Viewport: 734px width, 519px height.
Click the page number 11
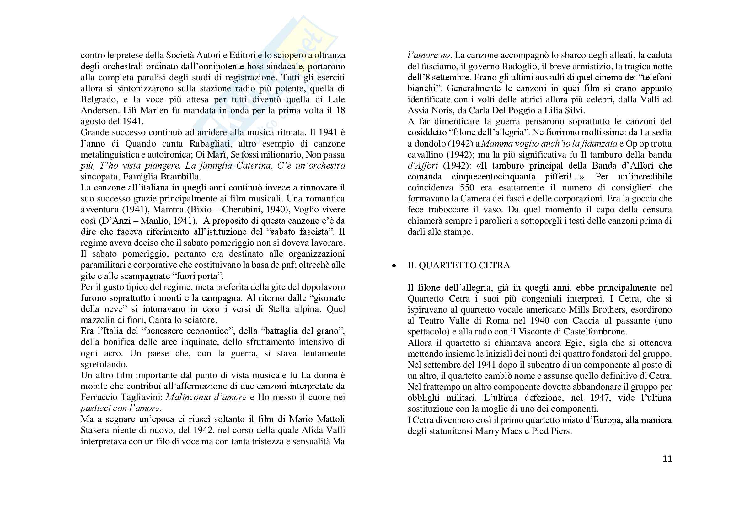667,459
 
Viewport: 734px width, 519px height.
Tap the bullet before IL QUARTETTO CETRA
394,266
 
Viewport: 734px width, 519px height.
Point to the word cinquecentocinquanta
493,177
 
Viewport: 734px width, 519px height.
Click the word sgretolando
104,364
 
